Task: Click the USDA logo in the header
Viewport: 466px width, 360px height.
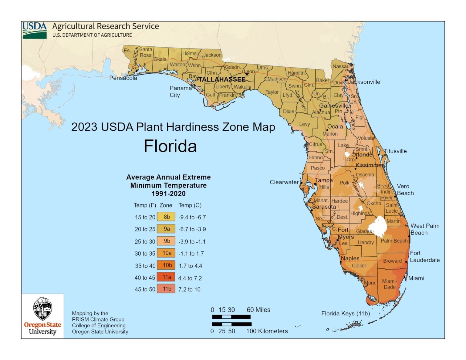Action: point(35,30)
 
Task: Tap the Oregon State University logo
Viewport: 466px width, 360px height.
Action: point(42,316)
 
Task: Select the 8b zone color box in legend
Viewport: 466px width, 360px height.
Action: point(166,217)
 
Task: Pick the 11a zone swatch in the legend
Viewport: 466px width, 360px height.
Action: point(166,277)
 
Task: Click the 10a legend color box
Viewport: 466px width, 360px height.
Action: point(166,253)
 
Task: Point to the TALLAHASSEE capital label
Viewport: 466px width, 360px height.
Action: point(222,79)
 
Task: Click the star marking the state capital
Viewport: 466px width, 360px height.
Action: point(247,74)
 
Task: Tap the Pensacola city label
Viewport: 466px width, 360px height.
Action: point(123,78)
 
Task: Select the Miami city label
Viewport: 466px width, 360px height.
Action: point(416,278)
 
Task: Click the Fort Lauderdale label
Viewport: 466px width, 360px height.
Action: point(424,257)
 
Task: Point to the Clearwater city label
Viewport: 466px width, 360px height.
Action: point(284,182)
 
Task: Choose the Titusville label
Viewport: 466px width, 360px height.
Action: point(395,151)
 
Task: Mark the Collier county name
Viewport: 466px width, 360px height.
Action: point(359,266)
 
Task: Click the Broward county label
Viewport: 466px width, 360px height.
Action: point(392,261)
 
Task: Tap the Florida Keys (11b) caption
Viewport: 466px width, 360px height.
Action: point(346,313)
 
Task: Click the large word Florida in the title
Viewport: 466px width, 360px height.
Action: point(170,146)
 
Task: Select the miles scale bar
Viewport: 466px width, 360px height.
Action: point(231,317)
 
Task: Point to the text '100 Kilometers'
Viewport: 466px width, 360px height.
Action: point(267,331)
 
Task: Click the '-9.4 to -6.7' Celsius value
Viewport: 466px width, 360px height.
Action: point(192,217)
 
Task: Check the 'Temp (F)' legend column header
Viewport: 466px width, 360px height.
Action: point(145,205)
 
